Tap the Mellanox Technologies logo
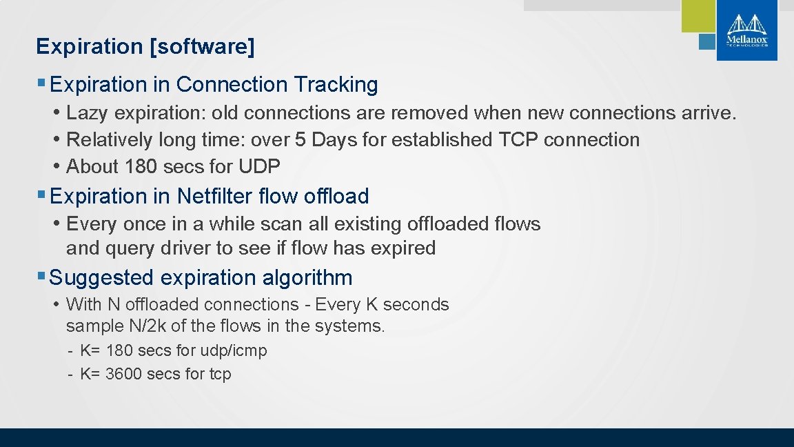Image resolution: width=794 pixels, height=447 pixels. point(746,30)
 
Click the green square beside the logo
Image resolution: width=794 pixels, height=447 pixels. point(698,16)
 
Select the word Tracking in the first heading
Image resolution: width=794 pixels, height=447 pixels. point(336,85)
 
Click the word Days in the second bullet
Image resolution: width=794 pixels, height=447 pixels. point(335,140)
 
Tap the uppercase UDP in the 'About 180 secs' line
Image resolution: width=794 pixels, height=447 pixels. point(259,167)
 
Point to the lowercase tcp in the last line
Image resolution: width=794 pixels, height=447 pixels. point(220,375)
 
